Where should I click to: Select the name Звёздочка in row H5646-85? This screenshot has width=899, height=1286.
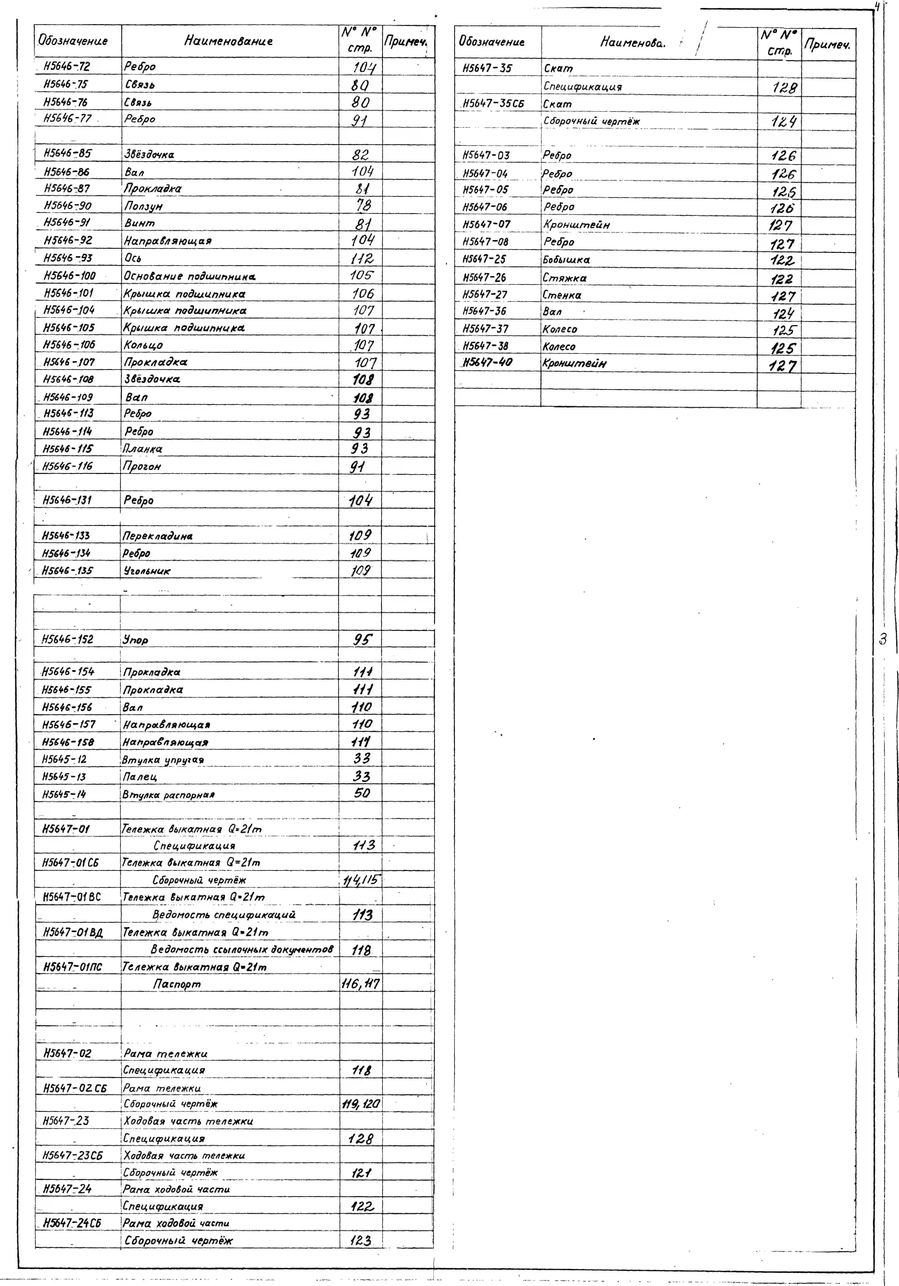coord(149,154)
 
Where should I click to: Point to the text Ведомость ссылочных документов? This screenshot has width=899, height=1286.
coord(242,949)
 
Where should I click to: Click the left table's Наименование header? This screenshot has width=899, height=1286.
coord(228,41)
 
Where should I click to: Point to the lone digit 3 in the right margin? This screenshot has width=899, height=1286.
coord(883,639)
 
